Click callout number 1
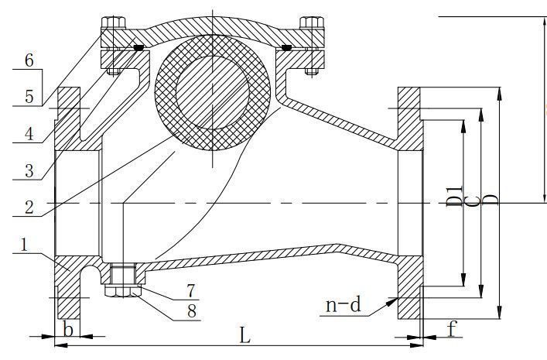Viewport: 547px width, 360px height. point(24,245)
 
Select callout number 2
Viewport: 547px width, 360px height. point(29,207)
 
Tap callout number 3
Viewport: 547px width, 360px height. point(29,171)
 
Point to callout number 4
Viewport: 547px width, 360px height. point(29,134)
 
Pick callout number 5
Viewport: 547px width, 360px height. point(29,97)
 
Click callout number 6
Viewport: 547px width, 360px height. point(29,60)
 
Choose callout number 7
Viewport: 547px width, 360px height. point(190,291)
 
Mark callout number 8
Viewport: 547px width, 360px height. point(192,311)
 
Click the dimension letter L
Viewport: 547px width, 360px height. point(245,335)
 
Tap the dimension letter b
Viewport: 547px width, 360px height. point(67,329)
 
